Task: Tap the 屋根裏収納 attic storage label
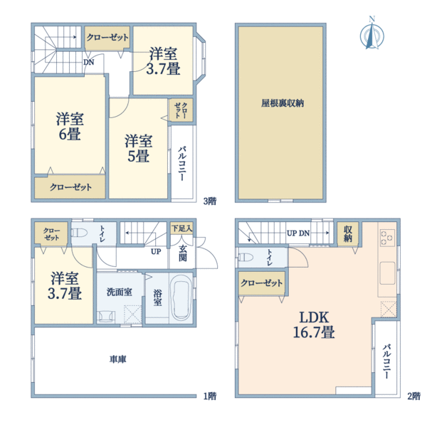(283, 102)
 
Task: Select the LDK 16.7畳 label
(312, 325)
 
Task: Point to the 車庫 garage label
(118, 359)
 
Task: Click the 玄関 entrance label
(183, 253)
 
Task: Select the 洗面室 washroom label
(119, 291)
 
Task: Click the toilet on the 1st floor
(80, 233)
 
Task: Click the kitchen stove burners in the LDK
(388, 238)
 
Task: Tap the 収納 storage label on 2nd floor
(347, 234)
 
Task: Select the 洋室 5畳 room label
(138, 147)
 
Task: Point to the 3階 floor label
(209, 200)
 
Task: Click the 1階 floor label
(209, 396)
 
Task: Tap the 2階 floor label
(413, 396)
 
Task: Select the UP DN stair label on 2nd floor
(297, 233)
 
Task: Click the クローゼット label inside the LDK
(262, 283)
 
